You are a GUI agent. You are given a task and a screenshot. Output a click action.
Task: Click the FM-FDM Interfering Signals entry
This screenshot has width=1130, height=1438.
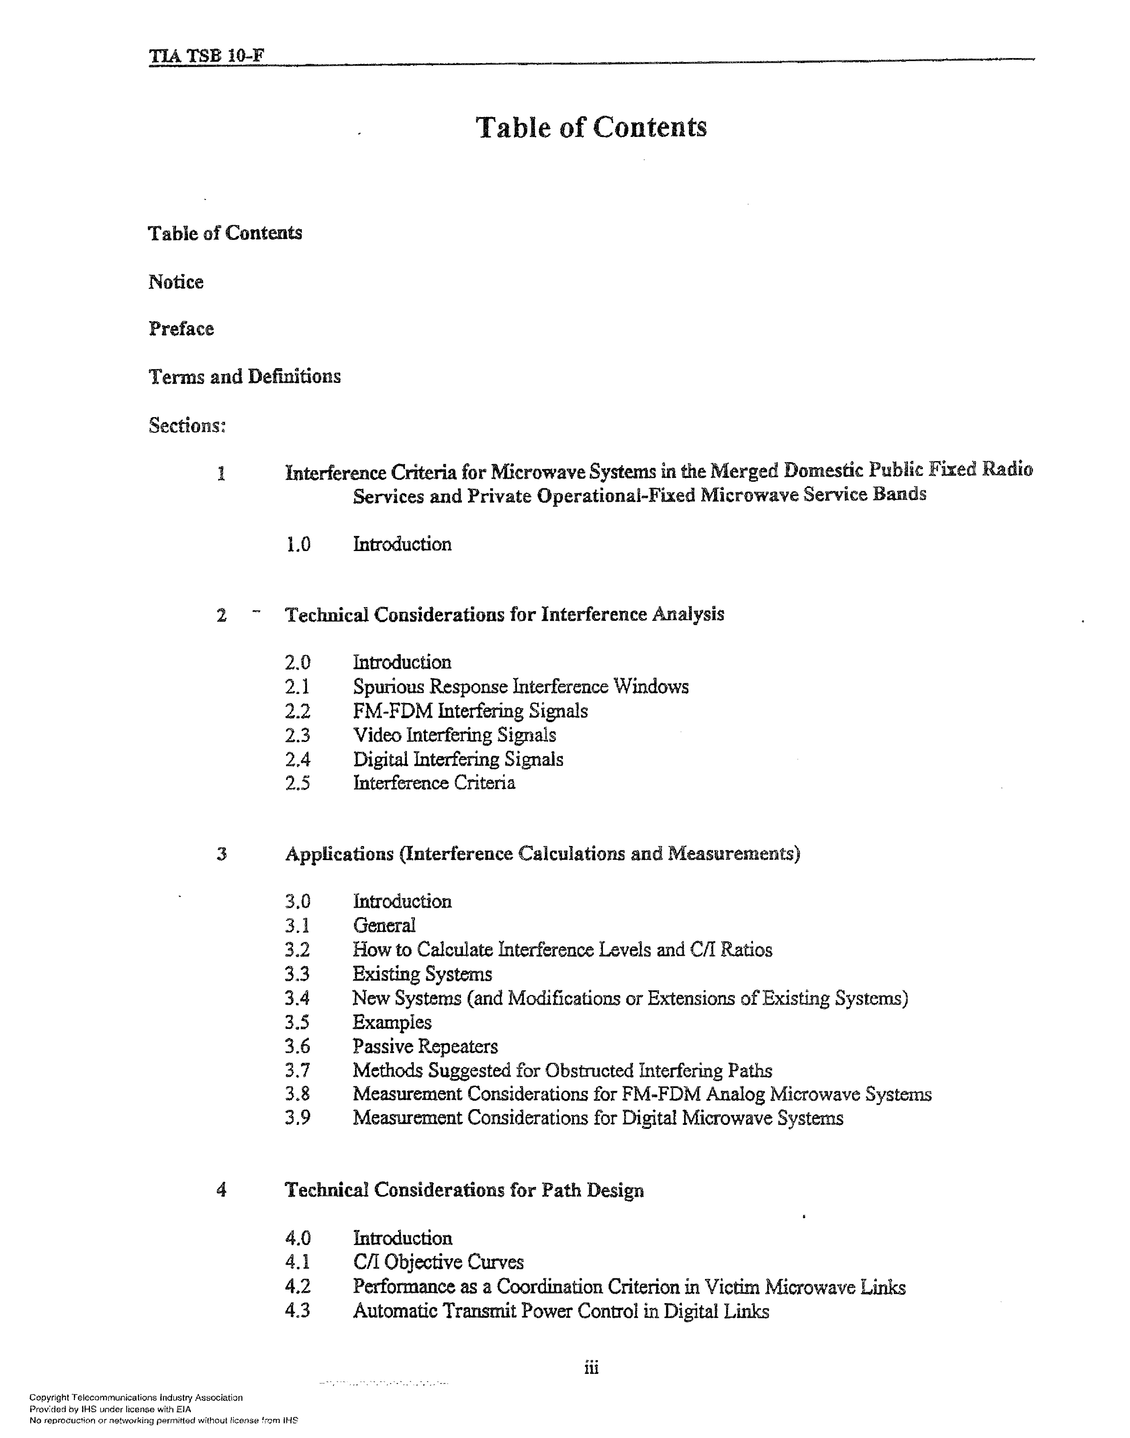(x=470, y=711)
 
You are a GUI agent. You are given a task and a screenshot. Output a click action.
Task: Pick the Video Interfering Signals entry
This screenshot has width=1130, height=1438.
(x=454, y=735)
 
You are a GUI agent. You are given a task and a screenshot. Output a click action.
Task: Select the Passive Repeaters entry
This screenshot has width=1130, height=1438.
(x=425, y=1046)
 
